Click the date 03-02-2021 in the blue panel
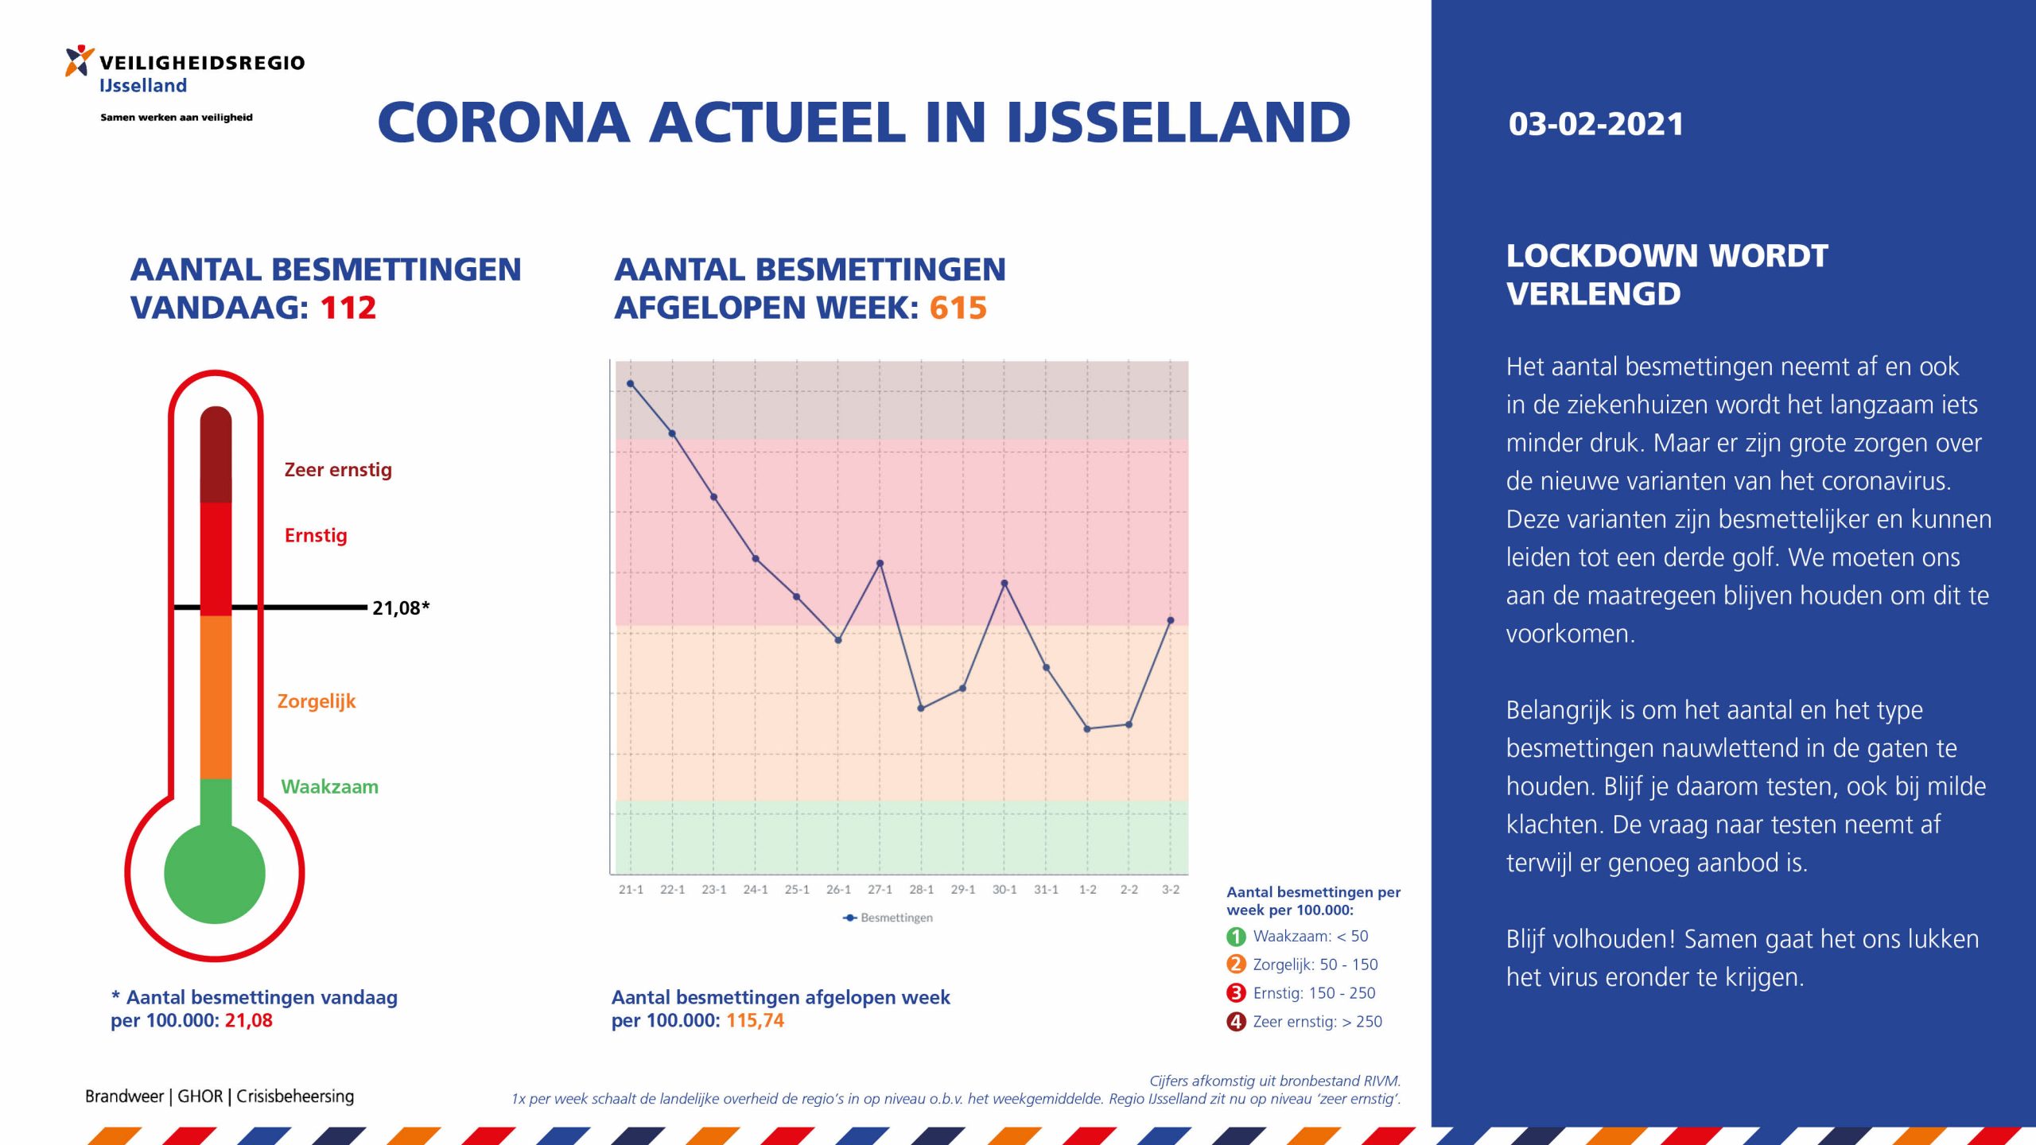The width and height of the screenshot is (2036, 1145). point(1595,124)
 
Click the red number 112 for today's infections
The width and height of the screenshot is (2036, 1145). point(348,308)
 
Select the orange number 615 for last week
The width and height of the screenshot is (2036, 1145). point(958,308)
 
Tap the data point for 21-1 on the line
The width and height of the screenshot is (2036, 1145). point(630,383)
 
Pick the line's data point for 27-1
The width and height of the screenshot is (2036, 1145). point(880,564)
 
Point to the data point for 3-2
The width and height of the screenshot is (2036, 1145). point(1171,620)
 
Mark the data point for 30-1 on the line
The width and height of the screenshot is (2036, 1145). point(1004,584)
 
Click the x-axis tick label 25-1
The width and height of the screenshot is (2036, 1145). point(797,890)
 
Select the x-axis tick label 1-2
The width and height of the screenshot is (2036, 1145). point(1087,890)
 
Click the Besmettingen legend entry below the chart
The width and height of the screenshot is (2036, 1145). point(888,918)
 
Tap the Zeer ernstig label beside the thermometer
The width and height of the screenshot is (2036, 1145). point(338,470)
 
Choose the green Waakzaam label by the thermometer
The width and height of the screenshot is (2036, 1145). point(329,787)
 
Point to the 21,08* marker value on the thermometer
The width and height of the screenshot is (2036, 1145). point(401,608)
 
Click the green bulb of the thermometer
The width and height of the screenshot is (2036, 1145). point(215,873)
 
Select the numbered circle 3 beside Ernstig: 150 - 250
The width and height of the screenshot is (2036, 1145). point(1236,993)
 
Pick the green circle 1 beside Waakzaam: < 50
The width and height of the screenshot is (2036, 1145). point(1236,937)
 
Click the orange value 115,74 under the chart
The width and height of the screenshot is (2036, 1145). point(755,1020)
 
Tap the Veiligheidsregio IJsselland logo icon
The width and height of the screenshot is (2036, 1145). point(79,60)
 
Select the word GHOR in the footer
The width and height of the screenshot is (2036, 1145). point(200,1096)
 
